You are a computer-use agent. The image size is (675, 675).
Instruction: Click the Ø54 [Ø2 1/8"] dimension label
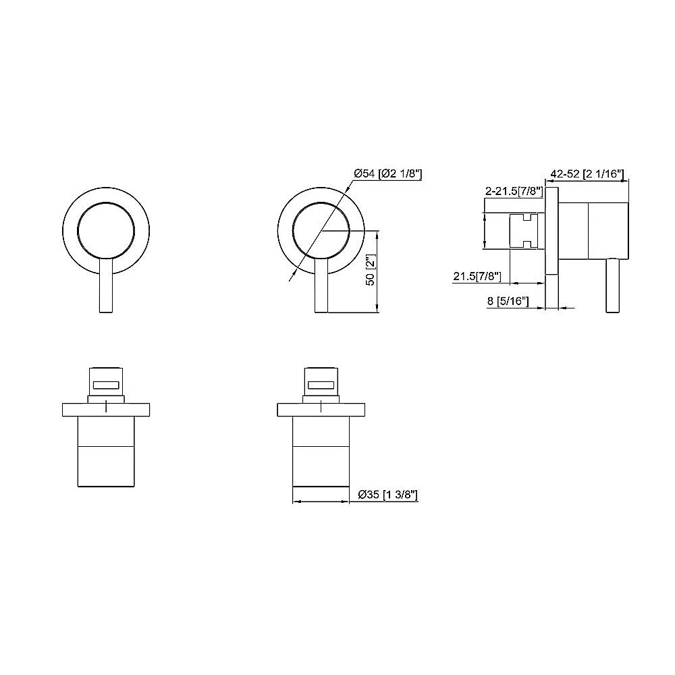[388, 173]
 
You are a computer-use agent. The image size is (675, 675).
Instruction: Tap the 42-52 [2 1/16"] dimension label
[586, 173]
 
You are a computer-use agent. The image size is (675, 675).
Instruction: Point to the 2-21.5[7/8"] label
[514, 191]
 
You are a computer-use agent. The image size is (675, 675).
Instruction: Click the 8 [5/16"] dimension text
[508, 302]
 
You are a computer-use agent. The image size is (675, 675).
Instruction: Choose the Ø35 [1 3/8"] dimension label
[389, 495]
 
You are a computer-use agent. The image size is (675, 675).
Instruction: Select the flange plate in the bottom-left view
[106, 409]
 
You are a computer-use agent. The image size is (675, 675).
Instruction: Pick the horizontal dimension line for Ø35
[321, 502]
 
